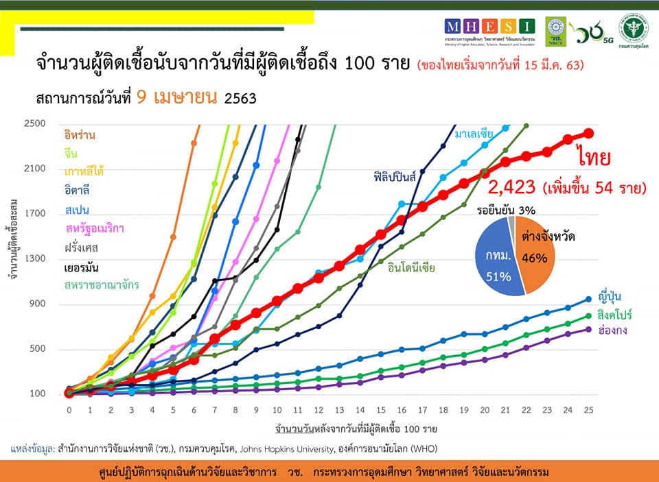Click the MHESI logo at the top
click(489, 27)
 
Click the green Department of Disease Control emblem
click(634, 29)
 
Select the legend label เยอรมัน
click(82, 266)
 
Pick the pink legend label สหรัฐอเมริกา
click(95, 228)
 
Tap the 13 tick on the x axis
click(338, 410)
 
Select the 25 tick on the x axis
click(588, 410)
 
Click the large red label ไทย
click(594, 157)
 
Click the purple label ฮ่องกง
click(613, 330)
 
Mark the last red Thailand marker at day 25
click(588, 134)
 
